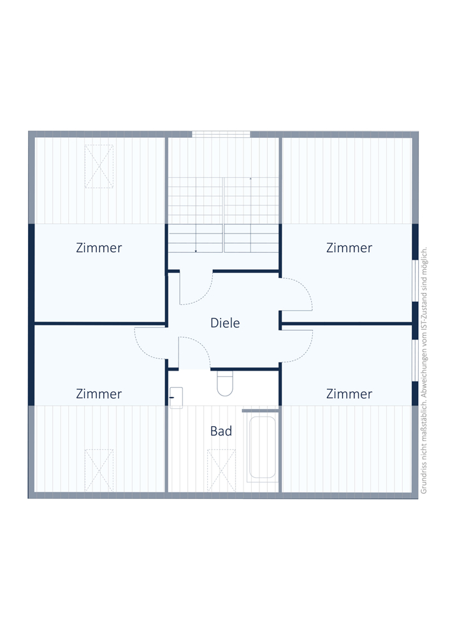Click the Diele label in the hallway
click(x=225, y=323)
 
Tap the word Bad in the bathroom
click(x=221, y=431)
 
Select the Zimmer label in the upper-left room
click(x=99, y=248)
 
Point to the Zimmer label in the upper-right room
click(x=349, y=248)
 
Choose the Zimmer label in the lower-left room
click(x=99, y=394)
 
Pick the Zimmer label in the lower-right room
click(x=349, y=394)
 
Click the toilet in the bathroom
click(x=225, y=383)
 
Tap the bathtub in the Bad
click(x=263, y=447)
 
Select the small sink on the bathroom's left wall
click(x=176, y=397)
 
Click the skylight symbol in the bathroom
click(x=221, y=470)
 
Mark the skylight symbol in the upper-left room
click(x=99, y=167)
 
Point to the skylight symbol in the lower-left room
click(x=99, y=470)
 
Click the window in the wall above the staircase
click(x=221, y=134)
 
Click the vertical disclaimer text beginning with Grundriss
click(x=424, y=370)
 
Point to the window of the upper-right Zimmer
click(x=415, y=280)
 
